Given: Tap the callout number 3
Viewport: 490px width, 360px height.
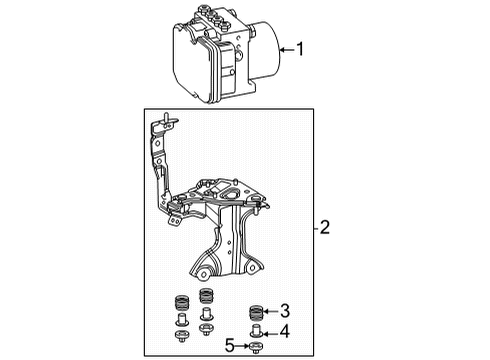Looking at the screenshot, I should pos(285,310).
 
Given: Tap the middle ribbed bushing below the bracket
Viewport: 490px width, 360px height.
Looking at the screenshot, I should pos(207,298).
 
